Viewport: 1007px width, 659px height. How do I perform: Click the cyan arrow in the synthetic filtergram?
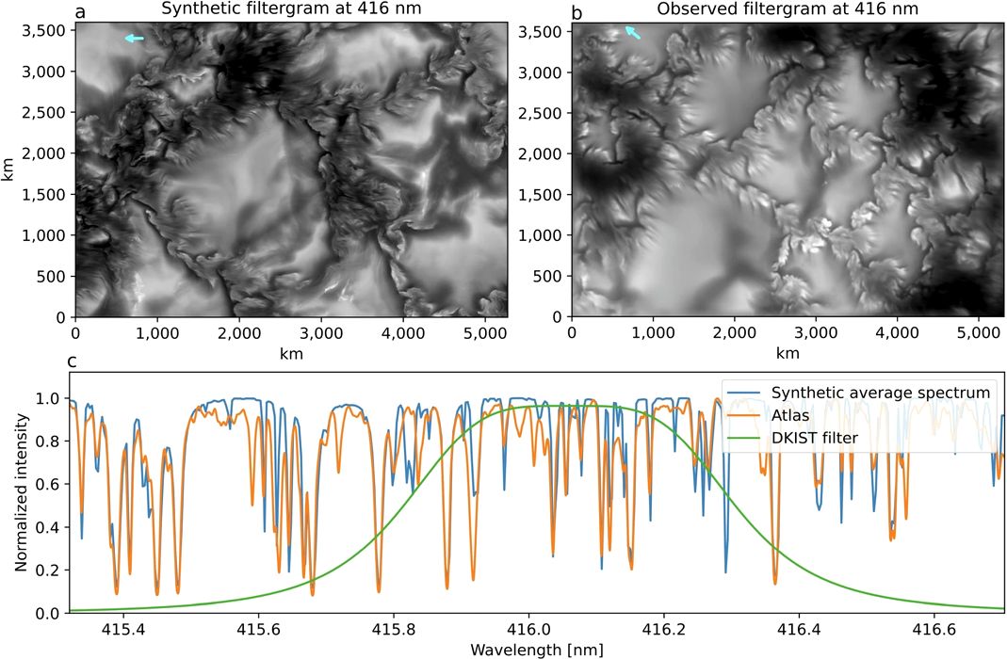click(x=134, y=39)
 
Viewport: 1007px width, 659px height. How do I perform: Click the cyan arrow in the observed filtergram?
click(x=633, y=32)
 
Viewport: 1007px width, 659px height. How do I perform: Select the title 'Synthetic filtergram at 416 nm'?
click(x=291, y=9)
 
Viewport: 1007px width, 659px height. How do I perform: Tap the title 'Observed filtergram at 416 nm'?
click(x=788, y=9)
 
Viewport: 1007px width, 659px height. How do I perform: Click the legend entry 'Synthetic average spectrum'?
click(x=881, y=393)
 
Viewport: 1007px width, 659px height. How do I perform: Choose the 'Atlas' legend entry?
click(x=790, y=415)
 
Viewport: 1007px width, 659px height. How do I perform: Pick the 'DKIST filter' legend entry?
click(x=814, y=439)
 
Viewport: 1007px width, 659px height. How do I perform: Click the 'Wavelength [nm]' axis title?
click(x=537, y=650)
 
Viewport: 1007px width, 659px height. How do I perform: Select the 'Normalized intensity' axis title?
click(x=21, y=492)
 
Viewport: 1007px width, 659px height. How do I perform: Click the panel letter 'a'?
click(x=80, y=11)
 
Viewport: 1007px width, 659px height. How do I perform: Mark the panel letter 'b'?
click(x=577, y=10)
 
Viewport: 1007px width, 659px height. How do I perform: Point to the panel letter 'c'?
click(x=72, y=362)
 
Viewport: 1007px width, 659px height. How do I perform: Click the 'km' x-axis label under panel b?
click(x=788, y=353)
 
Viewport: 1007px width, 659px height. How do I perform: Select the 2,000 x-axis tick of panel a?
click(x=239, y=333)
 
